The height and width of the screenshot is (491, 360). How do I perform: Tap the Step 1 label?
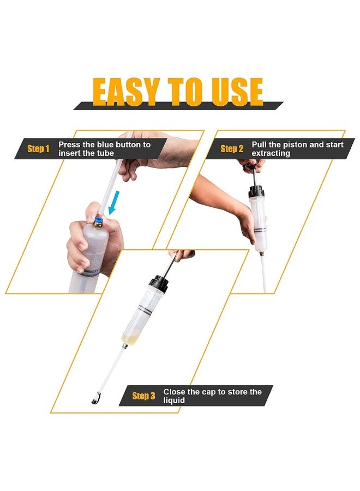pyautogui.click(x=38, y=149)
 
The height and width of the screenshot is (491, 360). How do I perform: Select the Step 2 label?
pyautogui.click(x=232, y=149)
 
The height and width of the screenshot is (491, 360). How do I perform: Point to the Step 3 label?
pyautogui.click(x=143, y=396)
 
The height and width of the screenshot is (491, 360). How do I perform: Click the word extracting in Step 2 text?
pyautogui.click(x=271, y=154)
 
